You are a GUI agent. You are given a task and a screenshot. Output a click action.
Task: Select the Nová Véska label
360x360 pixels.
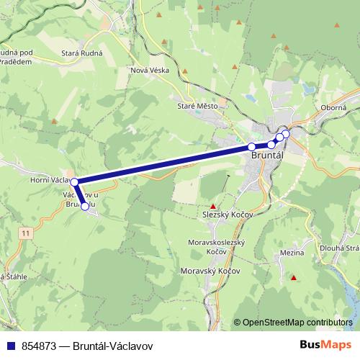[149, 69]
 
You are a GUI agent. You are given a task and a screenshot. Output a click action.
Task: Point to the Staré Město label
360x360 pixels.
[197, 105]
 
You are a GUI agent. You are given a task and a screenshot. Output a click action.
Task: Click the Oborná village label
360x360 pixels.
[333, 107]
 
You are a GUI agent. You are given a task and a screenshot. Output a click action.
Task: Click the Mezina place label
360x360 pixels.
[290, 253]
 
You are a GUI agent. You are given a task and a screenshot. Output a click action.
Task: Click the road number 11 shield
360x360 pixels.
[27, 233]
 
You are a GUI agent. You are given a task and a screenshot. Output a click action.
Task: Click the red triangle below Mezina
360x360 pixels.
[293, 278]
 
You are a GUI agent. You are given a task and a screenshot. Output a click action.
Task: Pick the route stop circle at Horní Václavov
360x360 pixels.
[74, 182]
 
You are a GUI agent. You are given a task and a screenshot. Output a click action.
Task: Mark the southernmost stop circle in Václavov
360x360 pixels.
[85, 207]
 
